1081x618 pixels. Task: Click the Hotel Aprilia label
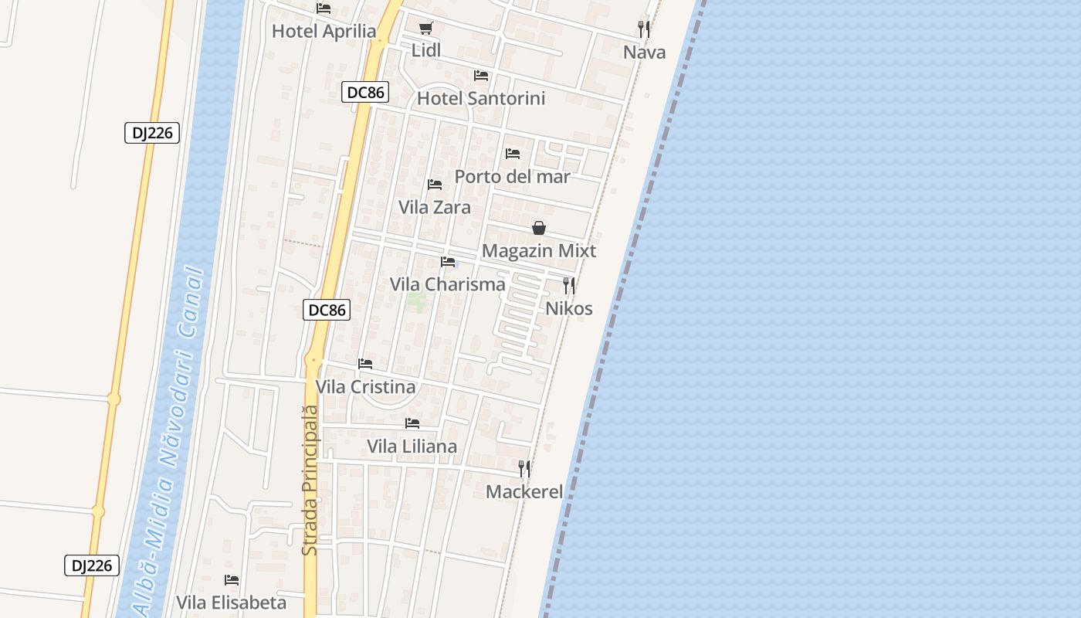324,32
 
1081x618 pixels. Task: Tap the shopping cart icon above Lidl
425,29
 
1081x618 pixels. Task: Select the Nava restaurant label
644,53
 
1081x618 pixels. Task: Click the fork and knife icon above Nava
644,29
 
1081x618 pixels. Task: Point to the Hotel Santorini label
480,98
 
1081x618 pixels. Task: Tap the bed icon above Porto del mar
512,154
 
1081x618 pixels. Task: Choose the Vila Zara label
434,207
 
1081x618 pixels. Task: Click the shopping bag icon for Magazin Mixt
539,228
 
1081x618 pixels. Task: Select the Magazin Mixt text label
539,251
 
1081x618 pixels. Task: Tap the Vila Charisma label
447,284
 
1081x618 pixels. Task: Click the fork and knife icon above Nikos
569,286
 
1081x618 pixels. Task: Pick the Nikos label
569,309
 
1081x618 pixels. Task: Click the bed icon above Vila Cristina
365,364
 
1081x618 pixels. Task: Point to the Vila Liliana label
412,447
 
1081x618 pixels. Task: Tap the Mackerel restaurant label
524,492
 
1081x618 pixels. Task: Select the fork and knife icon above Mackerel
524,469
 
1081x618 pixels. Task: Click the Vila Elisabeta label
231,603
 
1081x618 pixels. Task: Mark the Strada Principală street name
310,480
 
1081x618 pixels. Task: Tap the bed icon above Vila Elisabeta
231,580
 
